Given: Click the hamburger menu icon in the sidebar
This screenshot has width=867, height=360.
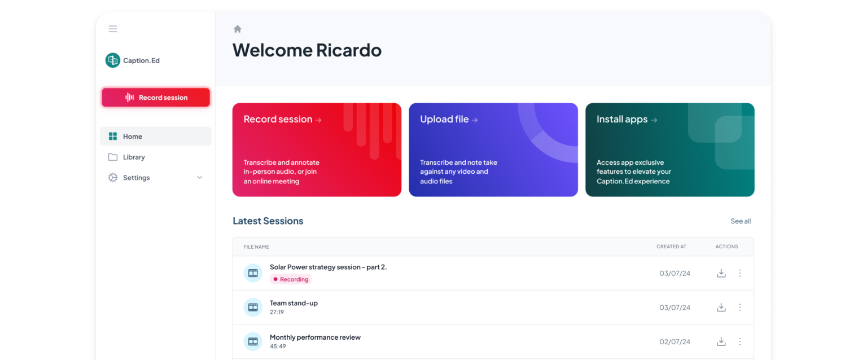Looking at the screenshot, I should [x=113, y=29].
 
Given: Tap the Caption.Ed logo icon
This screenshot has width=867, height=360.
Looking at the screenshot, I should [x=113, y=60].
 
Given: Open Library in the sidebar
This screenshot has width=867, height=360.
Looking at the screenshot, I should [x=134, y=157].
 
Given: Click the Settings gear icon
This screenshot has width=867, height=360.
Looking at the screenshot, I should [x=113, y=178].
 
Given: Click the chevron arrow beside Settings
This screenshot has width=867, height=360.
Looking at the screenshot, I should [x=199, y=178].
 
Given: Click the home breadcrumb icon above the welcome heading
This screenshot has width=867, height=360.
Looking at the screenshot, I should [x=238, y=29].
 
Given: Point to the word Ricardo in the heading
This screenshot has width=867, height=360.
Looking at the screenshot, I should [x=348, y=50].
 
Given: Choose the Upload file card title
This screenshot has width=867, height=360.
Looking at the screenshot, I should [x=444, y=119].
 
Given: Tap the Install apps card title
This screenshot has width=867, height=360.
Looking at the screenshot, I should [x=622, y=119].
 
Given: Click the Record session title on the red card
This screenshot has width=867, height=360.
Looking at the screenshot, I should [x=278, y=119].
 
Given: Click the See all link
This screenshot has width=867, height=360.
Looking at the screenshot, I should [x=741, y=221].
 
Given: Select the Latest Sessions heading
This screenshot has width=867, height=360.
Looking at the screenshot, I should [x=268, y=221].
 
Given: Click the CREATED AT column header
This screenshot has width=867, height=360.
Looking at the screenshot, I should [x=671, y=247].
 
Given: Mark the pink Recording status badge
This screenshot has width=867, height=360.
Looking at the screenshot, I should [x=291, y=279].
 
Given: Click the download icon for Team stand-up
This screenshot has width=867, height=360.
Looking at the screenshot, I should [x=721, y=308].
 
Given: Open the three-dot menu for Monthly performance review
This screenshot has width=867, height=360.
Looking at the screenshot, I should [x=740, y=341].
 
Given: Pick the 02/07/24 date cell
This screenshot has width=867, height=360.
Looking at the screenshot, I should [x=675, y=341].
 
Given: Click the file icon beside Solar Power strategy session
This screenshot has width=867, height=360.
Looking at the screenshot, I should [x=253, y=273].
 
